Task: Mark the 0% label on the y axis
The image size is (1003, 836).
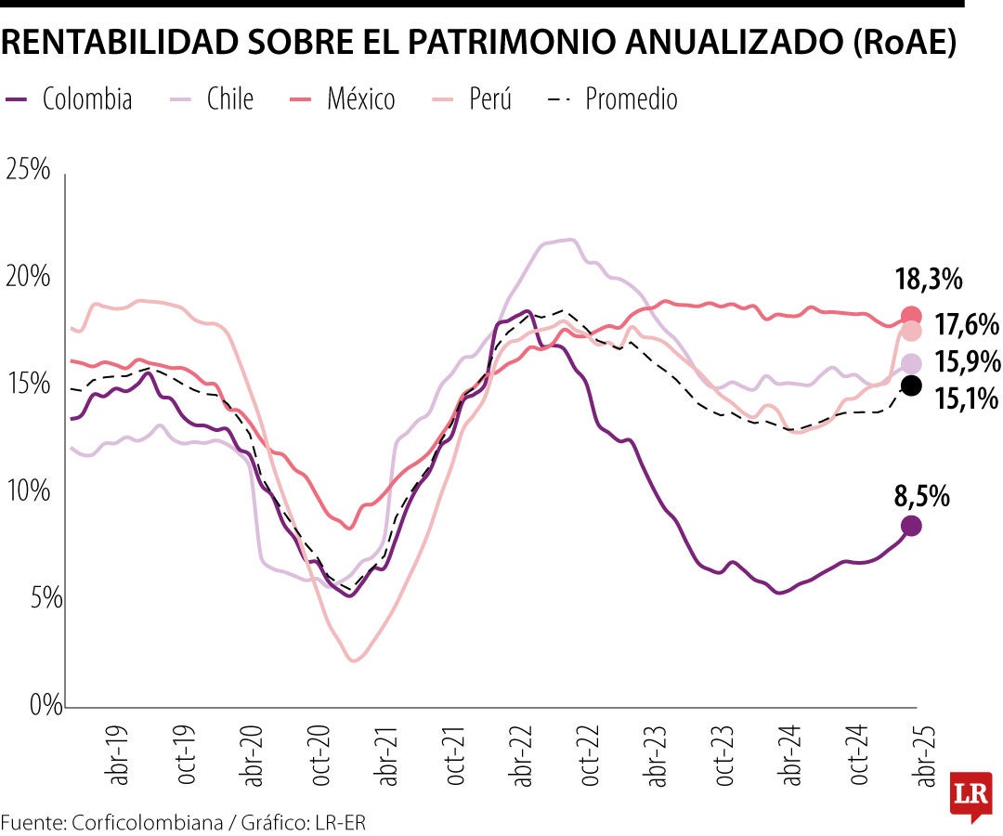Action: tap(33, 704)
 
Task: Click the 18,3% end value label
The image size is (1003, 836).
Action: tap(928, 279)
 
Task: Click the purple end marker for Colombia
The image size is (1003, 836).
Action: tap(911, 526)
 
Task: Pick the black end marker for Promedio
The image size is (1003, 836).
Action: tap(911, 385)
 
